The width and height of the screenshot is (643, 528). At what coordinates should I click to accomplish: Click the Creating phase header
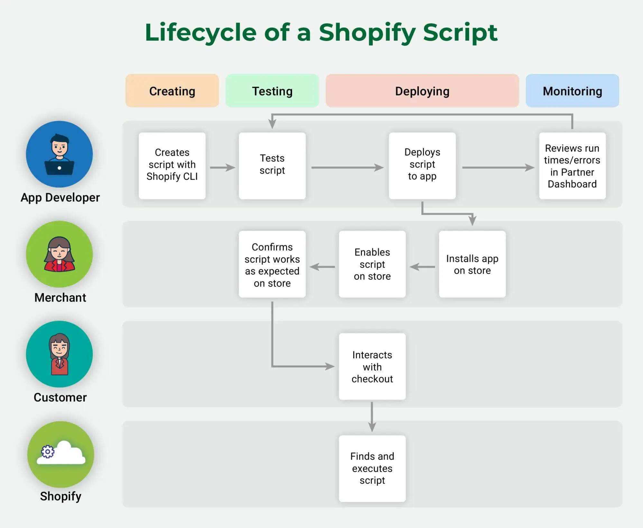pos(172,91)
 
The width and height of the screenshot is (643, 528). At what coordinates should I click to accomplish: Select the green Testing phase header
pos(272,91)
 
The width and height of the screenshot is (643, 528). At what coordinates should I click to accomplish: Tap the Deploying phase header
pos(422,91)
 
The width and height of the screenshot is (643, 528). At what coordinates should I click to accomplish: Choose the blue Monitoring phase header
pos(572,91)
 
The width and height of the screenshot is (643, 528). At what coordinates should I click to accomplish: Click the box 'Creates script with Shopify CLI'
pos(172,166)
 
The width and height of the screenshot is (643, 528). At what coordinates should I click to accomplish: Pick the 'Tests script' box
pos(272,166)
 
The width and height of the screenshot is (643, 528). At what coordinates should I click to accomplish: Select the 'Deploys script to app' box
pos(422,166)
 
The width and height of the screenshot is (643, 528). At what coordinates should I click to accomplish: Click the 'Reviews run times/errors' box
pos(572,166)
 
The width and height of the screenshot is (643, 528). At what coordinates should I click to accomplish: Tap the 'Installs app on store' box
pos(472,264)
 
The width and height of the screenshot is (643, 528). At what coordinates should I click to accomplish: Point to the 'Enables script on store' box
pos(372,264)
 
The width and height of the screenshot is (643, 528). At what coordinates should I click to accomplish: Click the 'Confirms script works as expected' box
pos(272,264)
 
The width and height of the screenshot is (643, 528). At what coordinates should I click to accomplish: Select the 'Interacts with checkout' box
pos(372,366)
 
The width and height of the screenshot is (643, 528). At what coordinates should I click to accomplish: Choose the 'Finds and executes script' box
pos(372,468)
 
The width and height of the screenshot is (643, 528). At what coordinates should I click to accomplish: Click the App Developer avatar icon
pos(60,154)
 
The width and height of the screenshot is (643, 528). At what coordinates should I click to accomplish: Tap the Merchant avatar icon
pos(60,254)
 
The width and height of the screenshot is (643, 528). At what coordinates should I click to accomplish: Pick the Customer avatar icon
pos(60,354)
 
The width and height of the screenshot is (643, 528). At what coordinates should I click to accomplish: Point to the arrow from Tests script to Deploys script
pos(347,167)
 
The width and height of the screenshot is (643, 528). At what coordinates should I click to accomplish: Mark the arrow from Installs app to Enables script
pos(422,267)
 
